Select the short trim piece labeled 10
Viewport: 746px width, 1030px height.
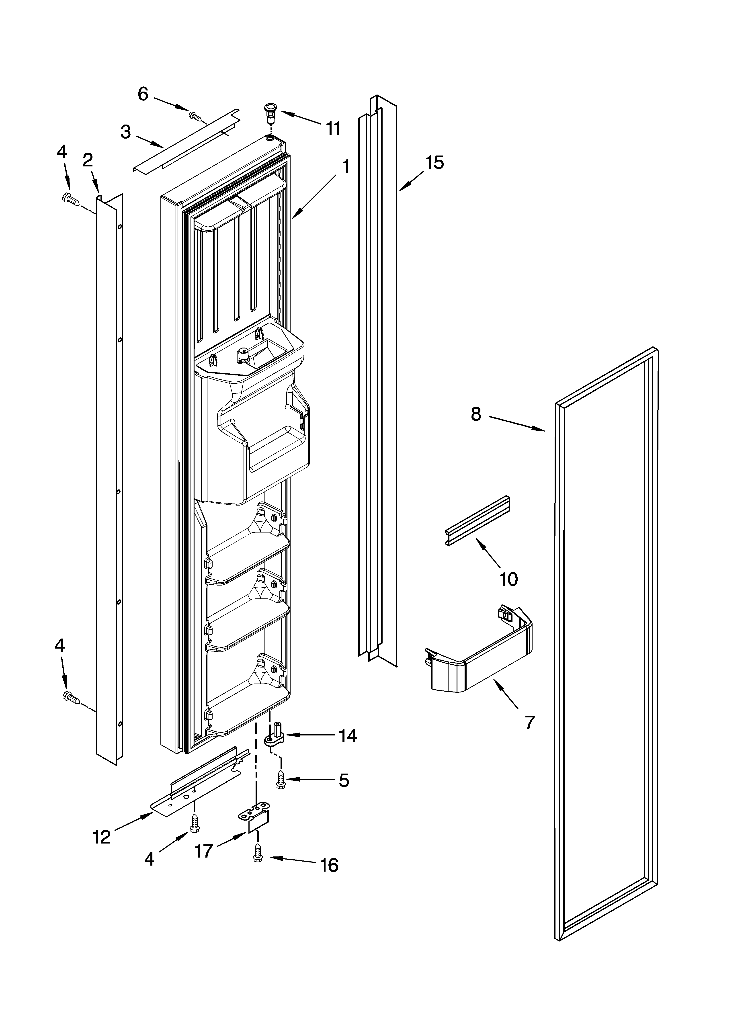[x=477, y=520]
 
